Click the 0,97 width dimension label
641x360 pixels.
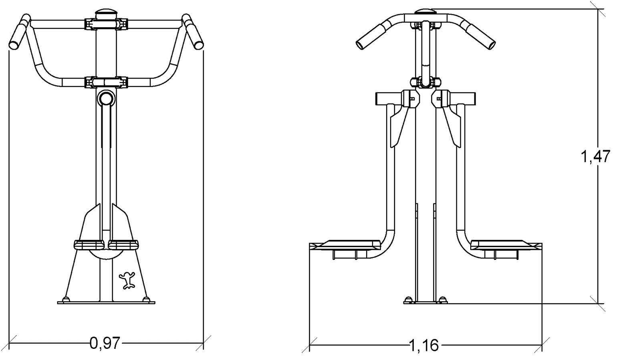[x=105, y=343]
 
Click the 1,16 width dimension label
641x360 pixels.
[x=424, y=345]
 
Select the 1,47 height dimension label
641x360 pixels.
[x=595, y=157]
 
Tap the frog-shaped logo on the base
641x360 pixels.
[x=127, y=280]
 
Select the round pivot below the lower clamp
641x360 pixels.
[x=106, y=99]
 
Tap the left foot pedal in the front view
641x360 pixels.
[x=89, y=245]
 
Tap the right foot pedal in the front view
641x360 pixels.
[x=123, y=245]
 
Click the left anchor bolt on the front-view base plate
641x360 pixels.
[x=66, y=299]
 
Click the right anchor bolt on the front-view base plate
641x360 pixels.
[x=146, y=299]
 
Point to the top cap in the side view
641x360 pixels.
[x=425, y=12]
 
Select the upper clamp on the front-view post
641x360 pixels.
[x=106, y=24]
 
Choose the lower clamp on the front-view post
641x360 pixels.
[x=106, y=82]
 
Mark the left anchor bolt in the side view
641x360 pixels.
[x=408, y=300]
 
